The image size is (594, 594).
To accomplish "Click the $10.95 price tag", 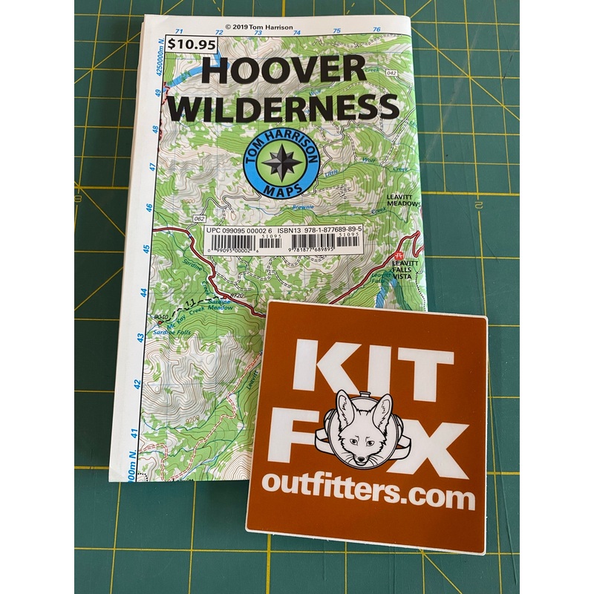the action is point(183,44).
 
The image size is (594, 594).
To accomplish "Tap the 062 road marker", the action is point(199,219).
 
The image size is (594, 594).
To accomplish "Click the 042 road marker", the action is point(391,73).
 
